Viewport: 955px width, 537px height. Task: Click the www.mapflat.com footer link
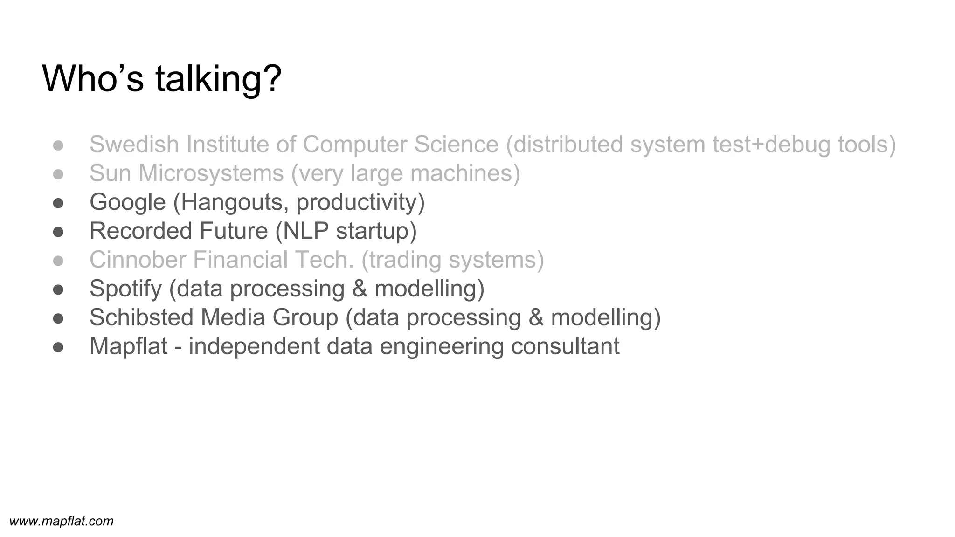click(x=62, y=521)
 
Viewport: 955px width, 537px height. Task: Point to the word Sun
click(x=110, y=173)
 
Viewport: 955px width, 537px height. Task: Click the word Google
click(x=127, y=202)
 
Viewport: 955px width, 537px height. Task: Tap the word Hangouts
click(x=231, y=202)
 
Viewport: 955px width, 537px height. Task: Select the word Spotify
click(x=125, y=289)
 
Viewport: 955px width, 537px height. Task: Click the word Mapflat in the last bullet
click(x=128, y=346)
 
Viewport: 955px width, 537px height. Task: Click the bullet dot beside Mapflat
click(x=58, y=347)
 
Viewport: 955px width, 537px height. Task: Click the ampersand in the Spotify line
click(x=360, y=289)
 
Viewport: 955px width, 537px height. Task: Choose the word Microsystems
click(x=211, y=173)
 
